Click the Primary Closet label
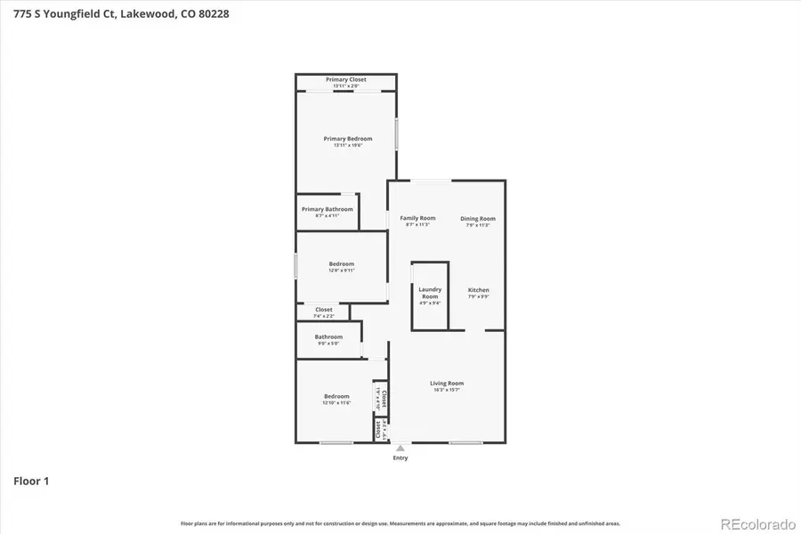(x=346, y=80)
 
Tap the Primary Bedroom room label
(x=347, y=139)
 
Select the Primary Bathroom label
(x=327, y=209)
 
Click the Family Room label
(x=417, y=218)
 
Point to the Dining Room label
(x=478, y=219)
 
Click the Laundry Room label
(x=430, y=293)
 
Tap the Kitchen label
(x=479, y=290)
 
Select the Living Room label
(x=447, y=384)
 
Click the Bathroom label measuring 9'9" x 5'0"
(x=328, y=336)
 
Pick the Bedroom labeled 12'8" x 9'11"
(x=341, y=263)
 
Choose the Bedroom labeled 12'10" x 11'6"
(x=336, y=396)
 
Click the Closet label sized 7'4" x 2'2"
(x=324, y=310)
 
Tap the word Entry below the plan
(x=400, y=458)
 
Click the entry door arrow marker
(x=400, y=448)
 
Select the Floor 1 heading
(x=31, y=481)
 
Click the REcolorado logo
(x=757, y=523)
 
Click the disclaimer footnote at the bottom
(x=400, y=523)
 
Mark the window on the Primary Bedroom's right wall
(x=397, y=133)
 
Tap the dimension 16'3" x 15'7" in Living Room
(x=447, y=390)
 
